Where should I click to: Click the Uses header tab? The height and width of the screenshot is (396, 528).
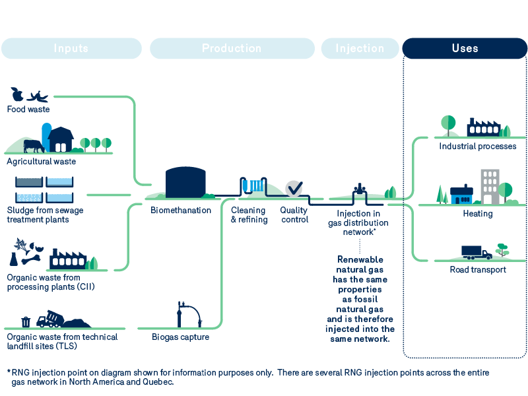click(465, 48)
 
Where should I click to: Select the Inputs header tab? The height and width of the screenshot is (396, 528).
click(71, 48)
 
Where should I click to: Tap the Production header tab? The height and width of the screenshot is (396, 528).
click(232, 48)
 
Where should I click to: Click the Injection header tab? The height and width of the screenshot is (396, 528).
click(360, 48)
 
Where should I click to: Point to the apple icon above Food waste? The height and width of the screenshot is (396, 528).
click(17, 94)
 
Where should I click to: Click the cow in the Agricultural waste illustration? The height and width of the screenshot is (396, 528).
click(32, 145)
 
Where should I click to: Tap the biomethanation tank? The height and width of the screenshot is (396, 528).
click(185, 183)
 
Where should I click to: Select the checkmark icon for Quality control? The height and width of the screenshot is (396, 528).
click(294, 188)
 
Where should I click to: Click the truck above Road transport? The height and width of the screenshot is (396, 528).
click(476, 252)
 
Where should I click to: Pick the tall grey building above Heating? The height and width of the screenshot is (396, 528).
click(490, 186)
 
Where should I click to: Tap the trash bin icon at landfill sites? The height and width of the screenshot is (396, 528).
click(26, 321)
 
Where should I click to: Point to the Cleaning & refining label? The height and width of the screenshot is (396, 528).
click(249, 215)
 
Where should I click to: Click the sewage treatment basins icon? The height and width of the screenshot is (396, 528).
click(44, 189)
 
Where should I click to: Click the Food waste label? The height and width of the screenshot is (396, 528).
click(28, 110)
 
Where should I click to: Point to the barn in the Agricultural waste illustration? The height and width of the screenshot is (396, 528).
click(61, 139)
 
